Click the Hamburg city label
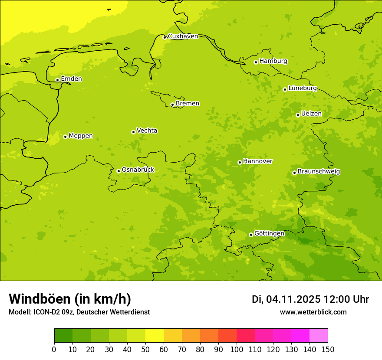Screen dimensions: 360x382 pyautogui.click(x=273, y=61)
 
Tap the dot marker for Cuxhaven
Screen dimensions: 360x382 pyautogui.click(x=165, y=37)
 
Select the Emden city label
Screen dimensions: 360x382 pyautogui.click(x=71, y=79)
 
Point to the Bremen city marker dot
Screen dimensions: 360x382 pyautogui.click(x=172, y=105)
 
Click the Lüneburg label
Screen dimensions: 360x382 pyautogui.click(x=302, y=88)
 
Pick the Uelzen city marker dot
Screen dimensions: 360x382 pyautogui.click(x=298, y=115)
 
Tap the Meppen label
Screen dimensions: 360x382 pyautogui.click(x=80, y=136)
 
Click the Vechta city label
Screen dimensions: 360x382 pyautogui.click(x=147, y=131)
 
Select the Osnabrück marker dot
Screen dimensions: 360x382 pyautogui.click(x=119, y=171)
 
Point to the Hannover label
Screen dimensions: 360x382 pyautogui.click(x=257, y=161)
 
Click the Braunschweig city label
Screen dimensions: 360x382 pyautogui.click(x=319, y=172)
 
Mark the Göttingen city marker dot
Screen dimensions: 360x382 pyautogui.click(x=251, y=235)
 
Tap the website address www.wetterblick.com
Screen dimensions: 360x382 pyautogui.click(x=313, y=312)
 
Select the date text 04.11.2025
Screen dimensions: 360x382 pyautogui.click(x=293, y=299)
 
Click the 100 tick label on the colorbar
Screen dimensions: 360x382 pyautogui.click(x=237, y=350)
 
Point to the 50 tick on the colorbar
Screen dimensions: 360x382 pyautogui.click(x=145, y=350)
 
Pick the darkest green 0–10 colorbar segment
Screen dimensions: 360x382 pyautogui.click(x=63, y=336)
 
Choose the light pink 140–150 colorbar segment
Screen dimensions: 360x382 pyautogui.click(x=319, y=336)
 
